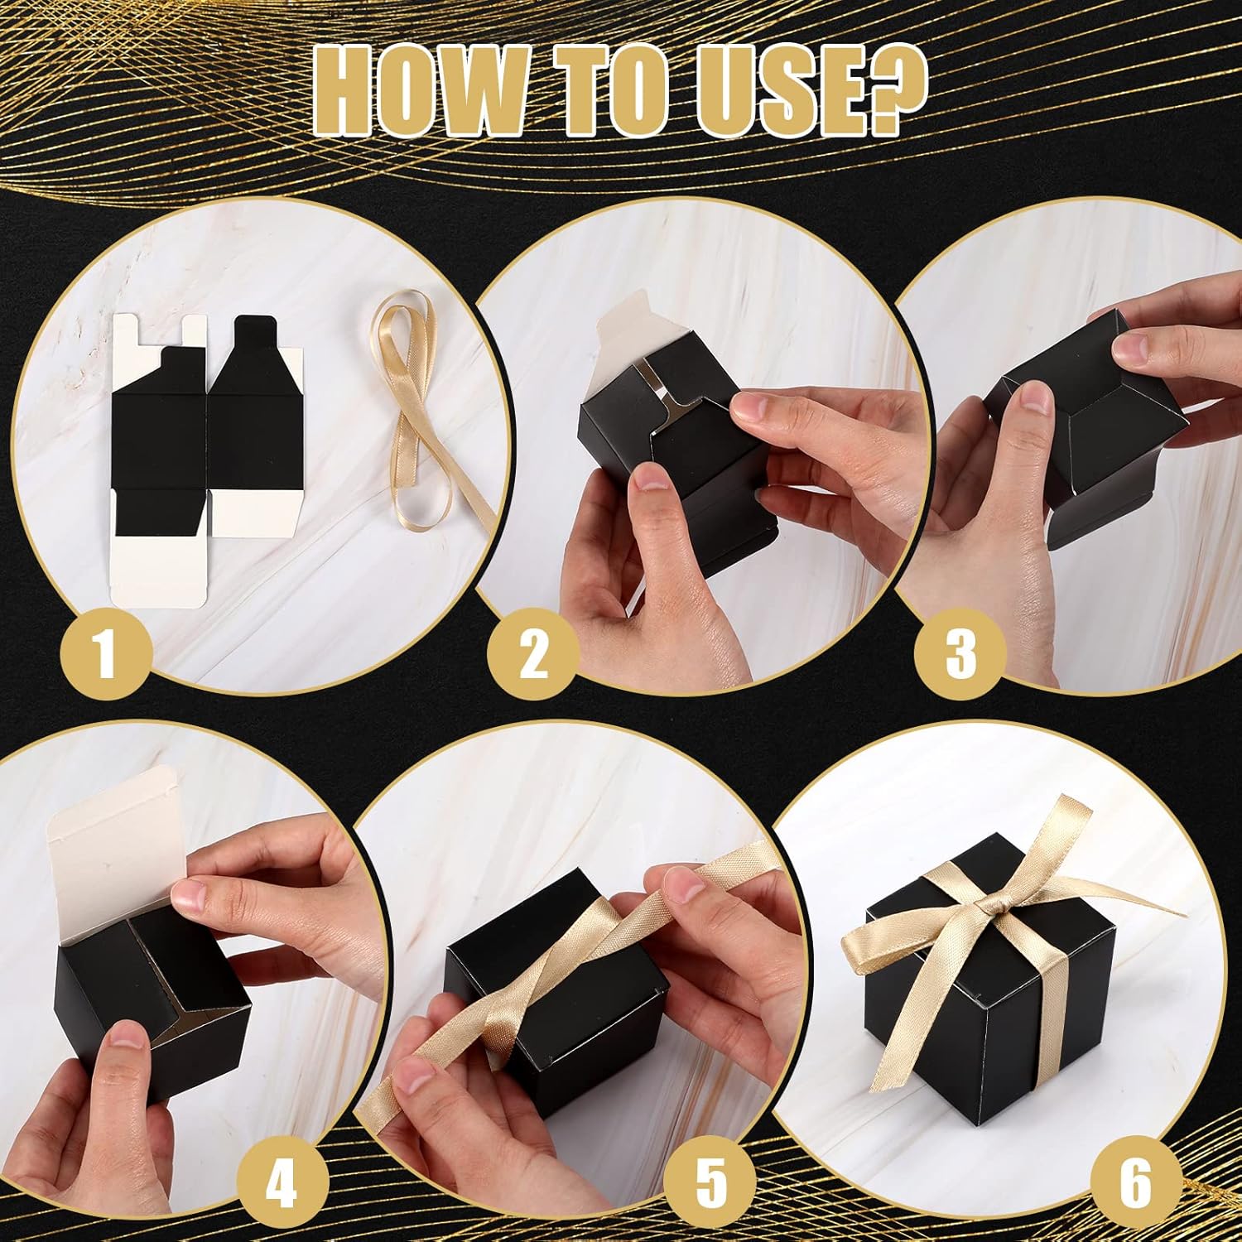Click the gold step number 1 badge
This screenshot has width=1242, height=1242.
[105, 653]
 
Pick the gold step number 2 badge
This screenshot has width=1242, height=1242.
[533, 653]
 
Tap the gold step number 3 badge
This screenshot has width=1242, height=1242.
[960, 653]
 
